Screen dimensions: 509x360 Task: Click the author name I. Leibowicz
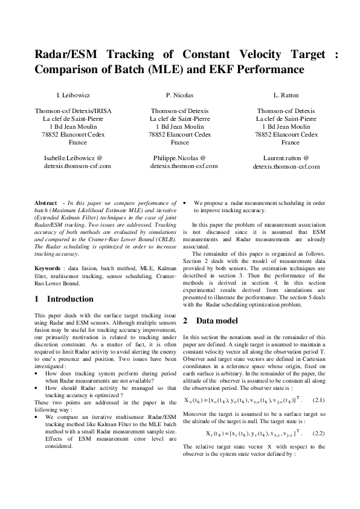click(x=73, y=96)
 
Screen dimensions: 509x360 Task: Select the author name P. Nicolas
click(x=180, y=96)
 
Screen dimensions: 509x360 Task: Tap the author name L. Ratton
click(x=286, y=96)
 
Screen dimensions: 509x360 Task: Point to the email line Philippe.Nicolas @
click(x=180, y=157)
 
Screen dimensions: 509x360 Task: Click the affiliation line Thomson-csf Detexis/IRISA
click(x=73, y=111)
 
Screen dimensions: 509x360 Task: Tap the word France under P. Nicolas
click(x=180, y=143)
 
